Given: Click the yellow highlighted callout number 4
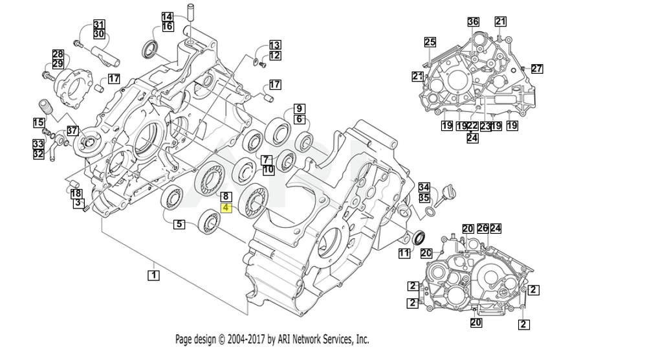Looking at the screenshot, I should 226,208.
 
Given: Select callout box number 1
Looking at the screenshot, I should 153,275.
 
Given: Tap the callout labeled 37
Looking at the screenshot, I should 72,131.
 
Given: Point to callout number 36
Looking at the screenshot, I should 474,21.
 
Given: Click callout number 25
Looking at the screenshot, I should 430,43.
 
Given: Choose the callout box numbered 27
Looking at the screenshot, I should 537,69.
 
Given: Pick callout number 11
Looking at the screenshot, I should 404,253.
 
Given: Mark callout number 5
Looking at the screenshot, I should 179,225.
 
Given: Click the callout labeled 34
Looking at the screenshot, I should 424,187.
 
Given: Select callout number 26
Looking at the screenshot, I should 483,228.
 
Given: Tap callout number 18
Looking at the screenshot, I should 76,193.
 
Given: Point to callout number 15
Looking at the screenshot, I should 39,122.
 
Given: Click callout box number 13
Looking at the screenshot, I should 275,45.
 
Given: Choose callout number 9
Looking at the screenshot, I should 299,108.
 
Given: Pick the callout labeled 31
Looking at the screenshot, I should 98,24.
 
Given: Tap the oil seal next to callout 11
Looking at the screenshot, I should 419,236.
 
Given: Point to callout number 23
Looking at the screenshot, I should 485,126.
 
